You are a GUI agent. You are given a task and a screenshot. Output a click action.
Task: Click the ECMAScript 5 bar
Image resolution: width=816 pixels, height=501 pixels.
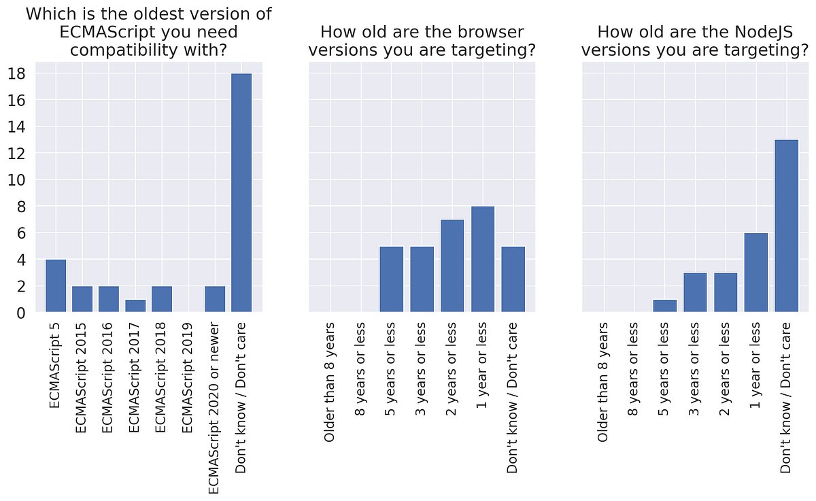(56, 286)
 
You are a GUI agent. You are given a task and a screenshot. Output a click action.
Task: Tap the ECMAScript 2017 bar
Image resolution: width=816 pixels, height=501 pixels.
(135, 306)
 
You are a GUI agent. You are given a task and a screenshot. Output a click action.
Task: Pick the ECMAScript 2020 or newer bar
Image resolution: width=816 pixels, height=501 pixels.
(215, 299)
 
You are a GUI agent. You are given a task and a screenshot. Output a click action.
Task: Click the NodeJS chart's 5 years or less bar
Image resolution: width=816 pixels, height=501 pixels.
(665, 306)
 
